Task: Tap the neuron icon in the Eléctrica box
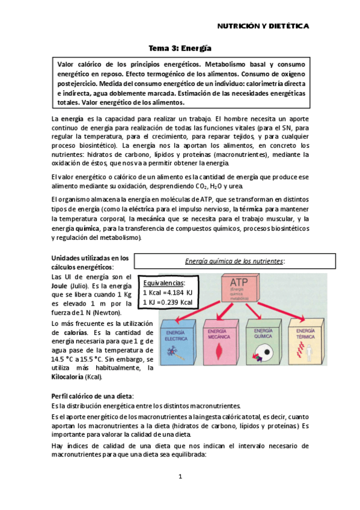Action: click(177, 357)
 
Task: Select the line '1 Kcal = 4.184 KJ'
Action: click(167, 292)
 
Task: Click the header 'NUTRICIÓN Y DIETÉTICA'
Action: click(263, 26)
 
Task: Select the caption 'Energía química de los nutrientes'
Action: click(234, 260)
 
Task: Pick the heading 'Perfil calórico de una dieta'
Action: click(93, 396)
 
